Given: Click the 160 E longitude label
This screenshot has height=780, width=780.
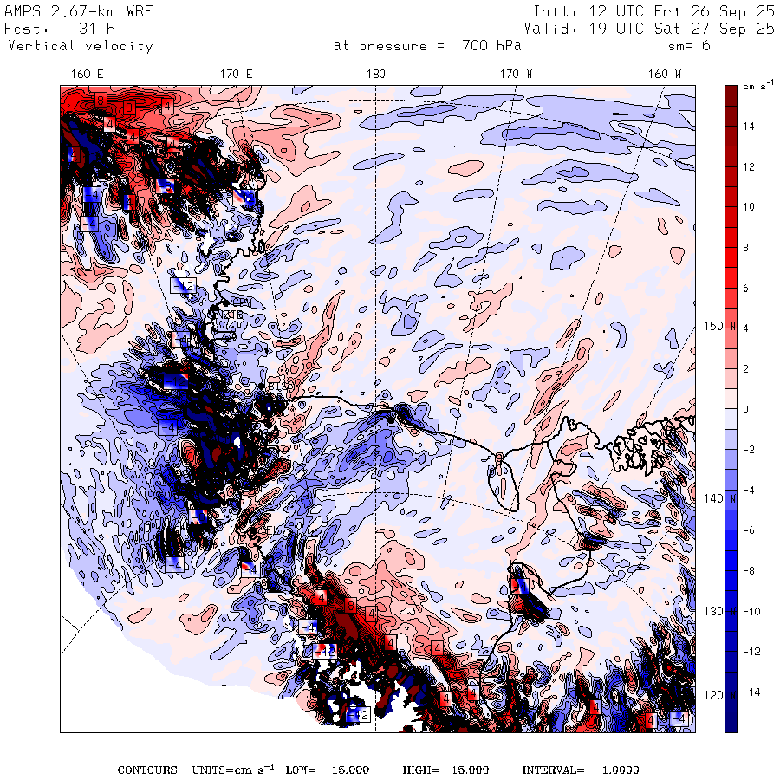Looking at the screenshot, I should tap(88, 75).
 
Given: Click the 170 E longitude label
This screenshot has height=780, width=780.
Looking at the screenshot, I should tap(237, 75).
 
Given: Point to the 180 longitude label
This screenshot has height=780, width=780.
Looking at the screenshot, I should tap(375, 75).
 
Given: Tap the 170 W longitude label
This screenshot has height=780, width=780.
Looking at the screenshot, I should tap(517, 75).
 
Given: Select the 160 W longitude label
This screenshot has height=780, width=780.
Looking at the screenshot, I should tap(665, 75).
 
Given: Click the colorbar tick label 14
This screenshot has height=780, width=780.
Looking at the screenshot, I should tap(748, 127).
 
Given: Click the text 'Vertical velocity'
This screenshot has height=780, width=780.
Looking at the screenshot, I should tap(80, 46).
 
